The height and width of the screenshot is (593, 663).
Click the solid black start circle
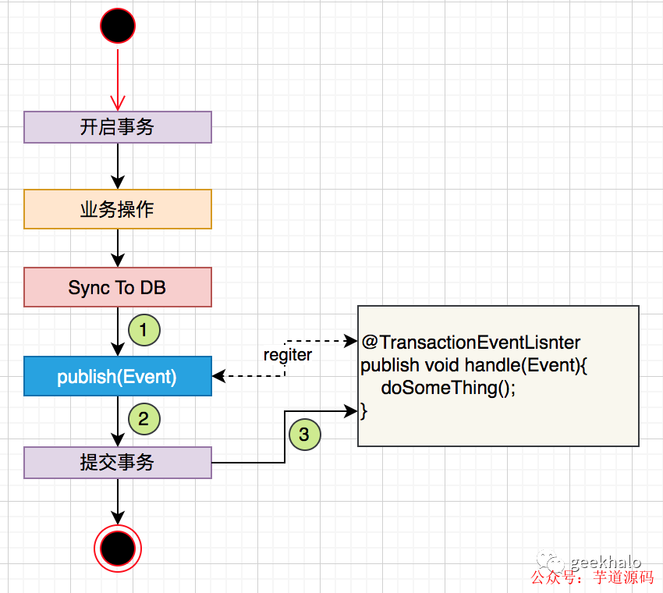[x=118, y=26]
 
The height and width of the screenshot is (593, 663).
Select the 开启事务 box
[x=118, y=127]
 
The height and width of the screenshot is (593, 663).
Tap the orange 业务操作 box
[x=118, y=209]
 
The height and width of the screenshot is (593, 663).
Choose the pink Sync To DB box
[x=118, y=288]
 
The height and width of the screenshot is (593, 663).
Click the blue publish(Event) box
[x=118, y=377]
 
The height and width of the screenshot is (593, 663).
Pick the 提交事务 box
[x=118, y=463]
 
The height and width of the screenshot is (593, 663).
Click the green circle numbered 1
[x=144, y=329]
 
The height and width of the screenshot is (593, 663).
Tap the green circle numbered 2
[x=144, y=418]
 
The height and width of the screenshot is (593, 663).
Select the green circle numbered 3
[x=304, y=434]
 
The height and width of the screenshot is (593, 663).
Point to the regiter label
[x=288, y=355]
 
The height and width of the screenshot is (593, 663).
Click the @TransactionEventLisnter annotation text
[x=471, y=343]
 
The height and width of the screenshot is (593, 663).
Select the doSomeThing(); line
[x=448, y=388]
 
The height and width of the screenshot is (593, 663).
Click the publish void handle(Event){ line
[x=473, y=365]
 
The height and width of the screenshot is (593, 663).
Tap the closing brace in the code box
[x=363, y=410]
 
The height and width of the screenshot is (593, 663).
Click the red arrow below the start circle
[x=118, y=78]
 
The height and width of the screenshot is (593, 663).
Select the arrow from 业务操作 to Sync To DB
[x=118, y=247]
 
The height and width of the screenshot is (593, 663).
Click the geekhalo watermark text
[x=605, y=562]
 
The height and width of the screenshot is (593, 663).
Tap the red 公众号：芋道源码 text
[x=592, y=578]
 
